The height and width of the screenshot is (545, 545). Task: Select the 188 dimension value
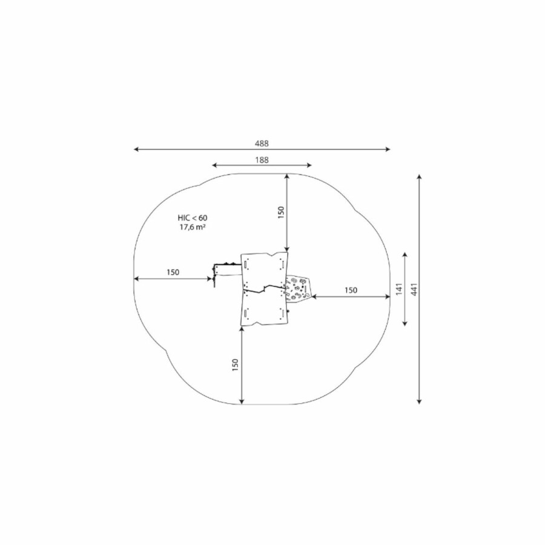click(262, 160)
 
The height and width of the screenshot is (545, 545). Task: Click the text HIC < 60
click(192, 218)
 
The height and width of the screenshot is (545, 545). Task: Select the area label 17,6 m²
click(192, 227)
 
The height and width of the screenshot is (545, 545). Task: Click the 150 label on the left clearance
click(173, 272)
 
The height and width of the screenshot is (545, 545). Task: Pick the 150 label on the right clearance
click(351, 290)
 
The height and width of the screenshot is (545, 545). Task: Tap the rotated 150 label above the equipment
click(281, 213)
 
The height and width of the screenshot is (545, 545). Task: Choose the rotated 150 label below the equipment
click(236, 365)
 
